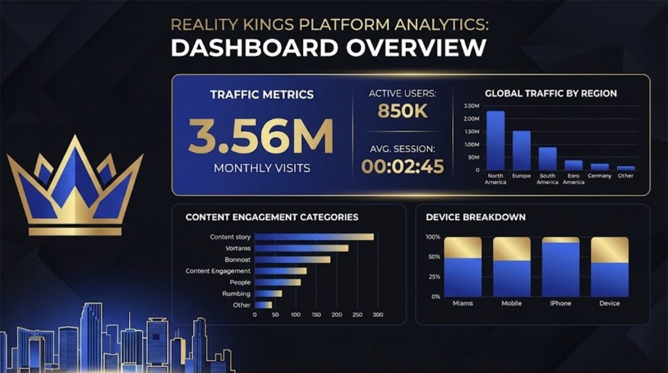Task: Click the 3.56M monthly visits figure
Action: click(x=261, y=136)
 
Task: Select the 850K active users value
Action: click(x=402, y=112)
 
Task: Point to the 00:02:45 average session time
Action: click(x=402, y=166)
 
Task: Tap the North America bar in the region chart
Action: click(x=496, y=140)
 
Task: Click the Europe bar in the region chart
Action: click(x=521, y=150)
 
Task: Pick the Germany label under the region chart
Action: click(x=600, y=176)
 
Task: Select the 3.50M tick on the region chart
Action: click(x=471, y=106)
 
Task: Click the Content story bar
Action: click(x=313, y=237)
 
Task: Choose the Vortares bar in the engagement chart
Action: click(x=301, y=248)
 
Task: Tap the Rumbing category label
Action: click(x=236, y=294)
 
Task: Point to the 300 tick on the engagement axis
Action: click(x=378, y=315)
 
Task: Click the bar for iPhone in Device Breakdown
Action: click(x=560, y=267)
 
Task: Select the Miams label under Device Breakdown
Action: click(x=463, y=304)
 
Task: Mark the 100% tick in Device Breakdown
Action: click(x=433, y=237)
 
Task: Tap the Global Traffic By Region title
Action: click(x=551, y=93)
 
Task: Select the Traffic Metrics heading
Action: click(x=262, y=95)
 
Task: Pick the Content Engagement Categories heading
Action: click(x=272, y=217)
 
